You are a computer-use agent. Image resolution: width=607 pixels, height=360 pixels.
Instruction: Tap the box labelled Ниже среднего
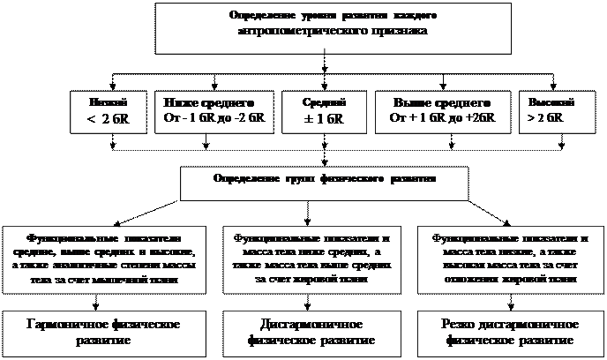click(x=209, y=110)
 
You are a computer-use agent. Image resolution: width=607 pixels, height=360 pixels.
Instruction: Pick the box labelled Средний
click(x=323, y=110)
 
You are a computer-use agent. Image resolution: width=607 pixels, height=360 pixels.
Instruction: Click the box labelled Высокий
click(x=549, y=110)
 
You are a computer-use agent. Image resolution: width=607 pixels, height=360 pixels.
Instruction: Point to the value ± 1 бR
click(x=323, y=117)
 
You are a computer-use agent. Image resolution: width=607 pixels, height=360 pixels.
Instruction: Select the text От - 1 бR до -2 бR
click(x=209, y=117)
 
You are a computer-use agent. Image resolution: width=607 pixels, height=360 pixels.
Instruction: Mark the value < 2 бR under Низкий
click(x=110, y=118)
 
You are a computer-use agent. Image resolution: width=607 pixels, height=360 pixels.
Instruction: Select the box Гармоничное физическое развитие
click(x=110, y=332)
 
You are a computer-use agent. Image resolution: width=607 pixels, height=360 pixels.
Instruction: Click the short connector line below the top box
click(x=326, y=56)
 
